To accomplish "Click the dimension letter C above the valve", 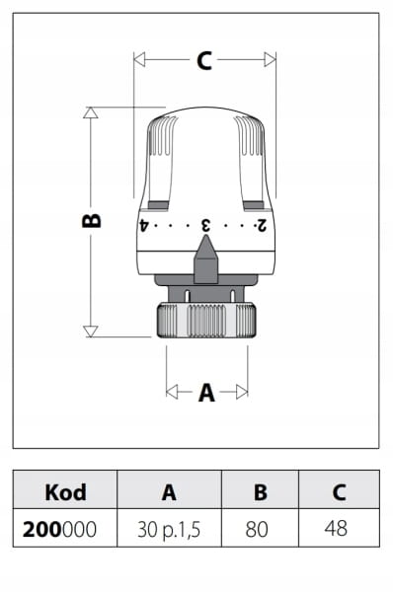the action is [x=204, y=60].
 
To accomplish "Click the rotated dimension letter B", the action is [x=92, y=220].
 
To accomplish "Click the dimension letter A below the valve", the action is [x=206, y=393].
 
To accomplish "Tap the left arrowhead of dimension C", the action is [x=139, y=59].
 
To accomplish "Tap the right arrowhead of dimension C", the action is [x=271, y=59].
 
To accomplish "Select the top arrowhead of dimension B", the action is [x=91, y=112].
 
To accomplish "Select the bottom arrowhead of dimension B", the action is [x=91, y=332].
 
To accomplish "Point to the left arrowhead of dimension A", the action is [x=172, y=392].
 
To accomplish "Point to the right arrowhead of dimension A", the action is [x=242, y=392].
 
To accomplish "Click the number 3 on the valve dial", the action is [x=206, y=225].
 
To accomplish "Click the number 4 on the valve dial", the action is [x=143, y=225].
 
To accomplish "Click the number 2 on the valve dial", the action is [x=262, y=225].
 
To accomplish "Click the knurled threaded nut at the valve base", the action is [x=206, y=320].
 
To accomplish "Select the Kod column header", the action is [x=65, y=492].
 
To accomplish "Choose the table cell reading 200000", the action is [x=59, y=529].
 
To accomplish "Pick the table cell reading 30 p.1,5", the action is [x=169, y=530].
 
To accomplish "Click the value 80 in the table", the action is [x=257, y=529].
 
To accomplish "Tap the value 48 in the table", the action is [x=336, y=529].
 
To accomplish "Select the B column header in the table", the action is [x=261, y=492].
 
